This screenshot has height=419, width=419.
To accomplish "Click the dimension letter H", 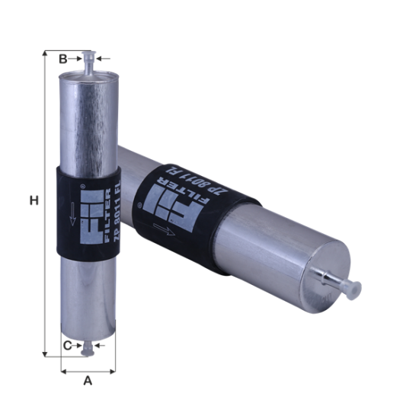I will [x=33, y=200].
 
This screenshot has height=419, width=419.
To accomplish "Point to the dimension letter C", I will [x=66, y=346].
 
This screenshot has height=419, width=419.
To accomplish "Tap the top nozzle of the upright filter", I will [x=88, y=61].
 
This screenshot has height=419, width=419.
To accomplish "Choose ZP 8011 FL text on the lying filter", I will [x=195, y=187].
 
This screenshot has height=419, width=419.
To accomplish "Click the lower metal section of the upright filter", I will [x=88, y=297].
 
